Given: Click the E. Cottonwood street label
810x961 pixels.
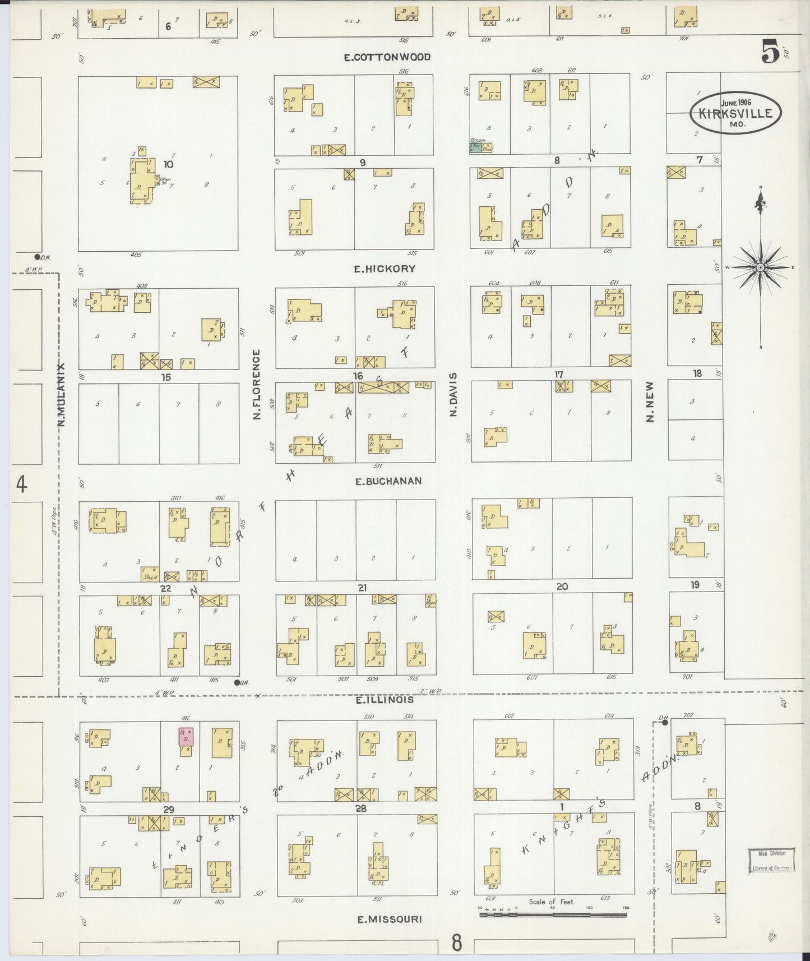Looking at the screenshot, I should coord(387,57).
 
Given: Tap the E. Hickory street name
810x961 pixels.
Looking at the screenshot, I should coord(385,269).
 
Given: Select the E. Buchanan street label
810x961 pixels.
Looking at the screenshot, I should coord(388,481).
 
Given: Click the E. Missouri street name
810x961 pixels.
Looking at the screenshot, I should coord(388,919).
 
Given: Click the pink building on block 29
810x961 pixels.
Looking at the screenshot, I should coord(186,737).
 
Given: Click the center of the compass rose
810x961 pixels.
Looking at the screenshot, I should coord(760,268).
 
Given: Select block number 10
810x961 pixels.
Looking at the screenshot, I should coord(168,164).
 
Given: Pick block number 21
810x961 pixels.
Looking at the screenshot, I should coord(362,588).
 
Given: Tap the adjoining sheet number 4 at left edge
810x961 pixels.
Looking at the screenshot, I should coord(21,484).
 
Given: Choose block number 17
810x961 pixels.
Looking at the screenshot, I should coord(558,375).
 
